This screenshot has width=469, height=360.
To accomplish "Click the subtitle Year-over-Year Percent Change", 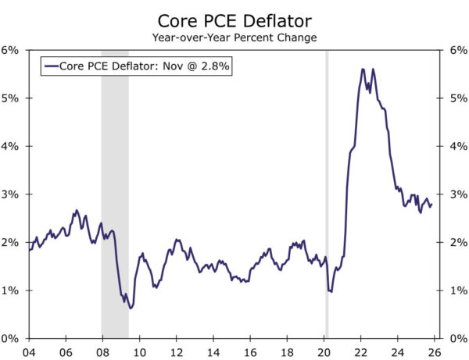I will (x=234, y=36).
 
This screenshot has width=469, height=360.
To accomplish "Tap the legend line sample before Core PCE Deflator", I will (x=52, y=66).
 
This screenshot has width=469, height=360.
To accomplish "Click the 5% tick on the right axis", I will (x=458, y=98).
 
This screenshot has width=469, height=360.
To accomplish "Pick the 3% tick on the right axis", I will (x=458, y=194).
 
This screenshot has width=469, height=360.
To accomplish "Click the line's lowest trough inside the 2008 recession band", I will (x=131, y=308).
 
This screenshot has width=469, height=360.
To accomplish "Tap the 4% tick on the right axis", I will (x=458, y=146).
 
